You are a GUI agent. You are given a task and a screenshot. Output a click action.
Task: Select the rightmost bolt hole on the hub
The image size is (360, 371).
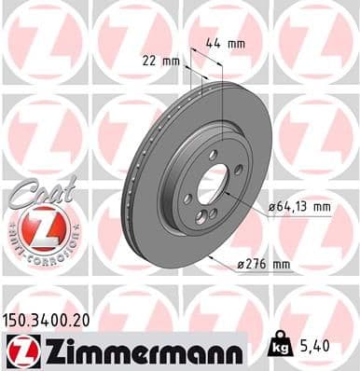pos(239,169)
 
